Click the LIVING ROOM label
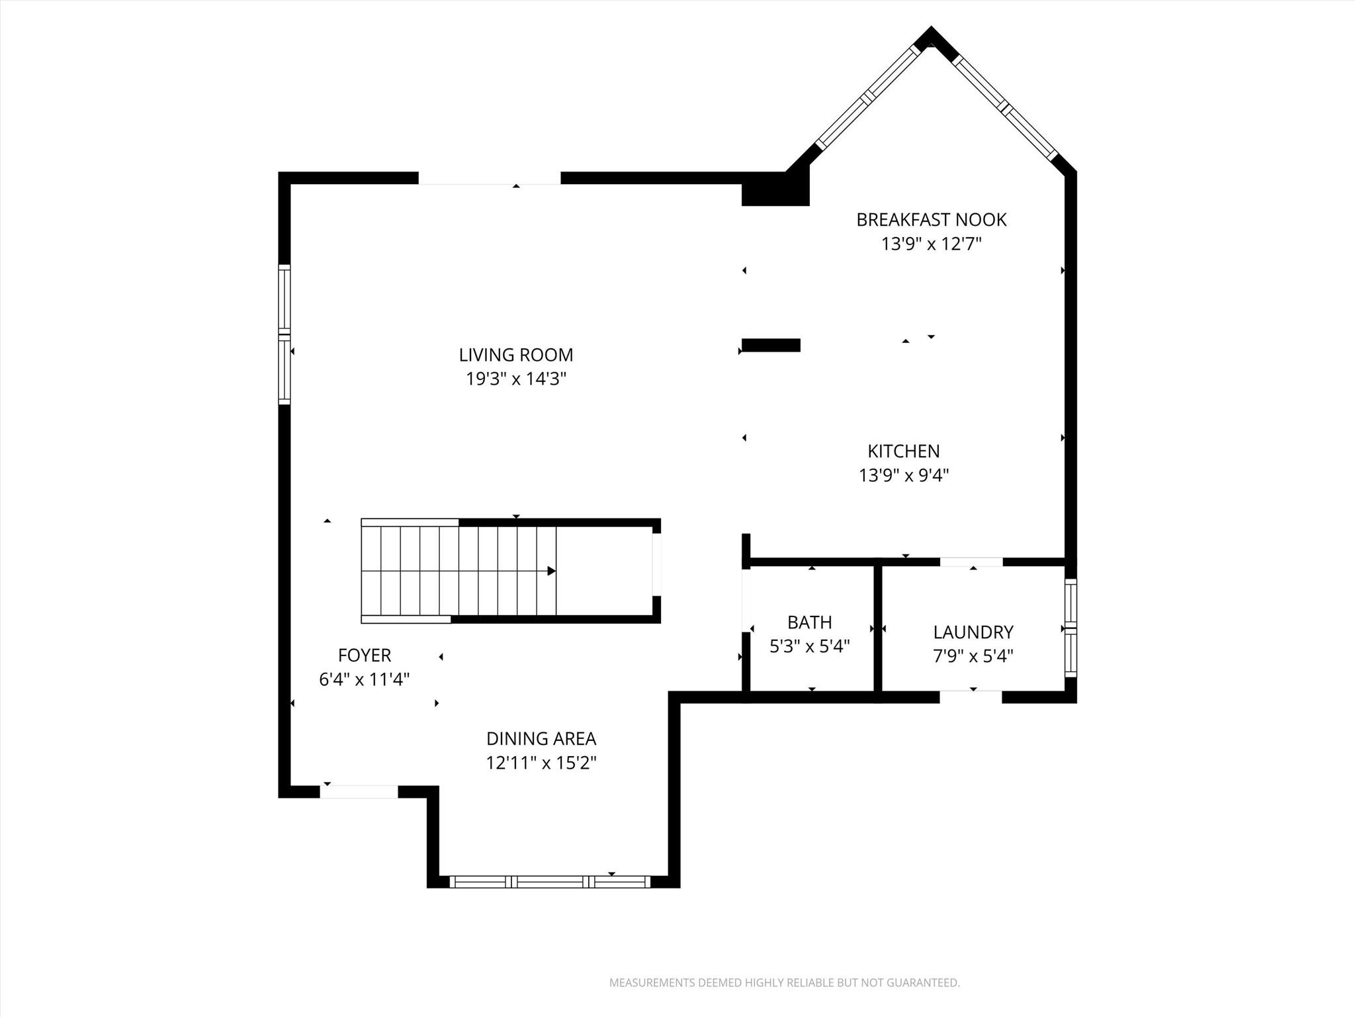[x=515, y=355]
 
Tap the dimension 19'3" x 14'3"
[x=515, y=379]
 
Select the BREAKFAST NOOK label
[x=931, y=220]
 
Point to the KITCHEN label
[x=903, y=452]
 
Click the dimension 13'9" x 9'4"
[x=903, y=475]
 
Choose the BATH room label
[x=809, y=622]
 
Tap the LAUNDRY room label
[x=973, y=632]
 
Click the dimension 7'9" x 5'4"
[x=973, y=656]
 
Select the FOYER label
[x=364, y=655]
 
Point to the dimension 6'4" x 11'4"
[x=364, y=680]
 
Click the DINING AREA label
[x=541, y=739]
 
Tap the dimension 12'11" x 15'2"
[x=541, y=763]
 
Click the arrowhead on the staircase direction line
[x=551, y=571]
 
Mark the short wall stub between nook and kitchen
[x=771, y=345]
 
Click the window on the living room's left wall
[x=284, y=334]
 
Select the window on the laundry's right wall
[x=1070, y=628]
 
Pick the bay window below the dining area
[x=550, y=881]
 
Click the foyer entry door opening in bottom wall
[x=359, y=791]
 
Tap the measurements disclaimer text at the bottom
[x=784, y=983]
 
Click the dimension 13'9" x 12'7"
[x=931, y=244]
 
